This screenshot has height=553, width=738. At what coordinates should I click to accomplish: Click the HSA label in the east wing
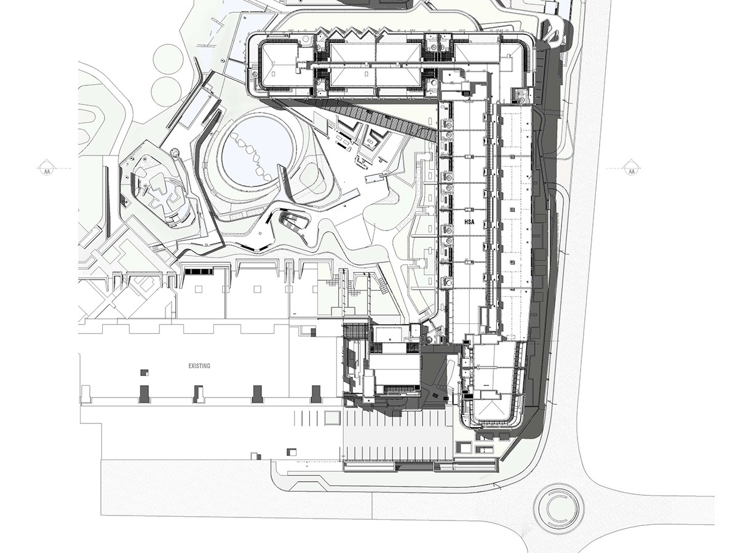(x=469, y=222)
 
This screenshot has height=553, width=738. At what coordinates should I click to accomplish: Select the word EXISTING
(x=199, y=366)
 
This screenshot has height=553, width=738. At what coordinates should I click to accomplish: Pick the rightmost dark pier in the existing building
(x=315, y=394)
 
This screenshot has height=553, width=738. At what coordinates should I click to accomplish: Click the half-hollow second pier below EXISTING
(x=199, y=394)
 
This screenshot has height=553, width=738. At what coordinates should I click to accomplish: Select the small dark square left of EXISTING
(x=145, y=373)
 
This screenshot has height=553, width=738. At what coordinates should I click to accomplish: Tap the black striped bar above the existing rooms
(x=200, y=271)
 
